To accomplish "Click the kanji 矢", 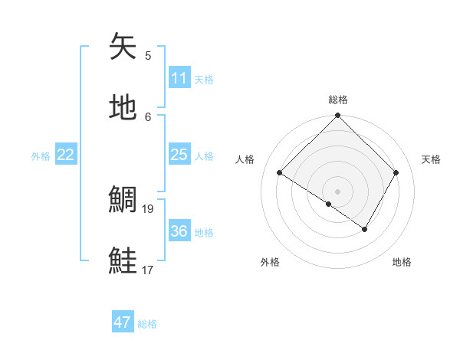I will point(123,47).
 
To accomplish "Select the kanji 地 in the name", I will point(123,108).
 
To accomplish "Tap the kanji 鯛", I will point(123,200).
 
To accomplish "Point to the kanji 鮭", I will point(123,260).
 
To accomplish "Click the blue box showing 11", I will point(179,78).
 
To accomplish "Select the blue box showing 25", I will point(179,155).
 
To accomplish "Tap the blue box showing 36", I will point(179,231).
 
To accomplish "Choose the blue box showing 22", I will point(66,155).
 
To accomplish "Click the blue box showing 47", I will point(123,322).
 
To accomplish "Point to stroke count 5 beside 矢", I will point(148,55).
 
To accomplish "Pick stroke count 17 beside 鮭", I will point(148,270).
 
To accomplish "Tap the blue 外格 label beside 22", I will point(41,155).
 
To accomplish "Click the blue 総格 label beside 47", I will point(147,323).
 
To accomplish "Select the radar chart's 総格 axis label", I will point(337,100).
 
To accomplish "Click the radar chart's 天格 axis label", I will point(432,159).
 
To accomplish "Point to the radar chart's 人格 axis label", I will point(245,159).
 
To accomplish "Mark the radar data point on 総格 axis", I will point(337,116).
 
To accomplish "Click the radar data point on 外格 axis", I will point(329,204).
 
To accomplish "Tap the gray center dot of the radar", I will point(337,191).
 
